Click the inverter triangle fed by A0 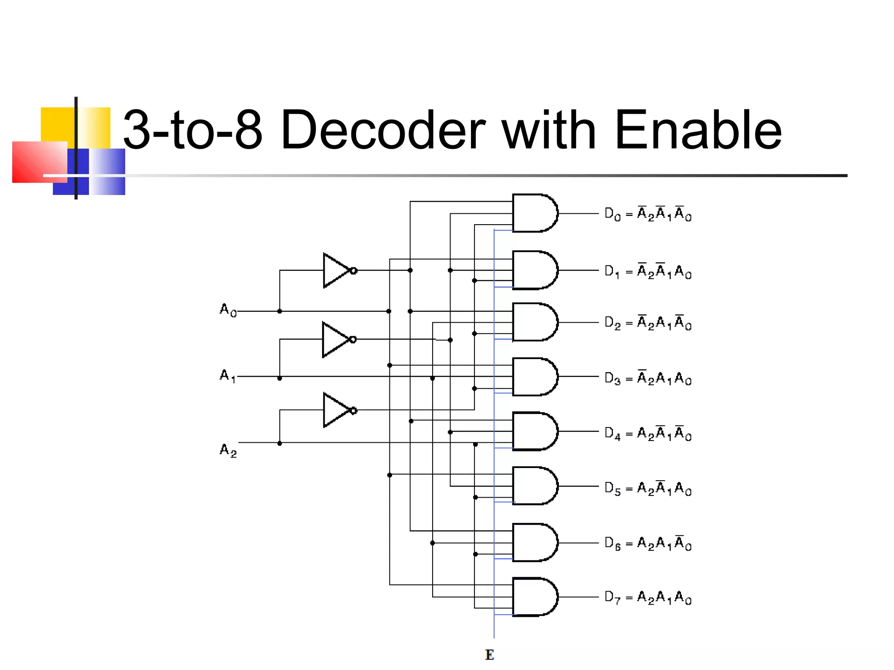tap(335, 270)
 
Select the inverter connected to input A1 tap(334, 339)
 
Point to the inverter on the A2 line tap(335, 410)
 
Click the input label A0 tap(227, 310)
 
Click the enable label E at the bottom tap(489, 655)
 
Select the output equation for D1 tap(648, 271)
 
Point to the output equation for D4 tap(648, 433)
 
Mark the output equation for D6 tap(648, 543)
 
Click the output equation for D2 tap(648, 323)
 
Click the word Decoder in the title tap(382, 130)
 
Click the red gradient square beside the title tap(39, 162)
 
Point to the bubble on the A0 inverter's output tap(354, 271)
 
